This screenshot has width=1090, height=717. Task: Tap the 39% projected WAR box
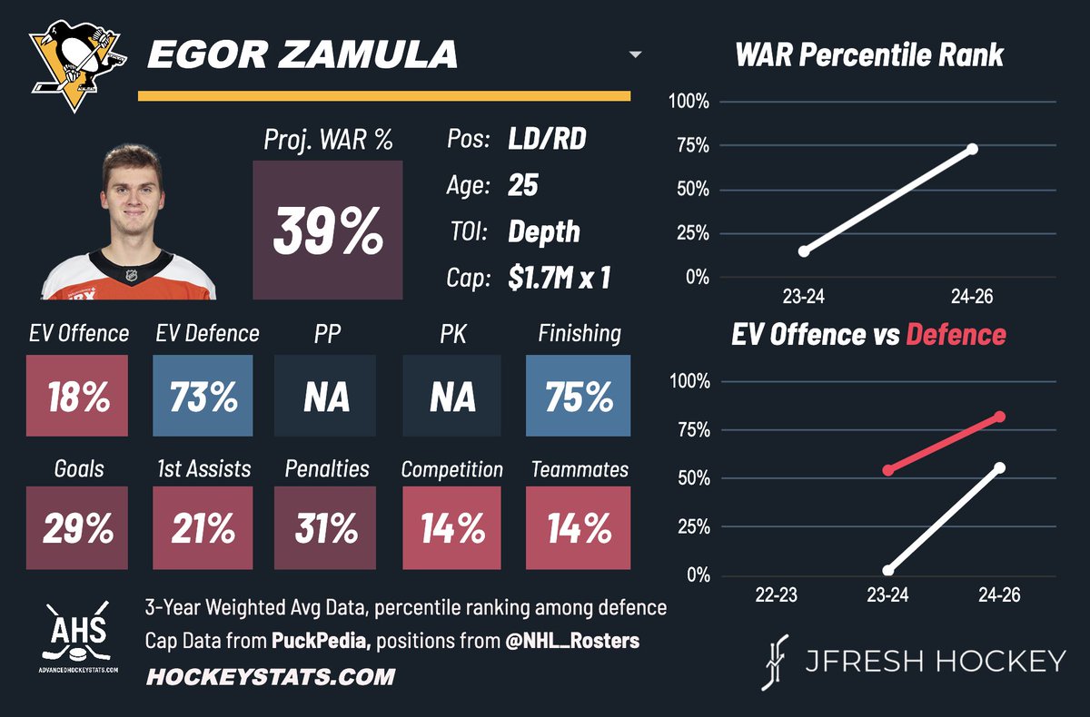pos(328,231)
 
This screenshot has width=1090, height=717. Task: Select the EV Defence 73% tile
pos(203,397)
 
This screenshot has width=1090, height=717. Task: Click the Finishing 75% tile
pos(579,397)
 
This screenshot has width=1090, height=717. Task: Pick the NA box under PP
pos(325,397)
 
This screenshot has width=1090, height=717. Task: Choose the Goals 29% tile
pos(78,528)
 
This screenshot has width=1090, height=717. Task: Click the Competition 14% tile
pos(451,528)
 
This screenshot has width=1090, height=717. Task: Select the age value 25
pos(523,186)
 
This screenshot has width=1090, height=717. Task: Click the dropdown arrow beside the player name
pos(635,55)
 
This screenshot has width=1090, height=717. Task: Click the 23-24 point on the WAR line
pos(804,250)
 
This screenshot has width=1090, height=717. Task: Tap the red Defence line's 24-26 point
pos(1000,417)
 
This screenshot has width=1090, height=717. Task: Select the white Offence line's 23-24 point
pos(888,570)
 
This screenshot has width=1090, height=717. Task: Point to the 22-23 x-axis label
pos(775,597)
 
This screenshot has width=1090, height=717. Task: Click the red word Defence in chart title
pos(956,334)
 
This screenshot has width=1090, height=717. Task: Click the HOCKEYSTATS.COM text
pos(270,676)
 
